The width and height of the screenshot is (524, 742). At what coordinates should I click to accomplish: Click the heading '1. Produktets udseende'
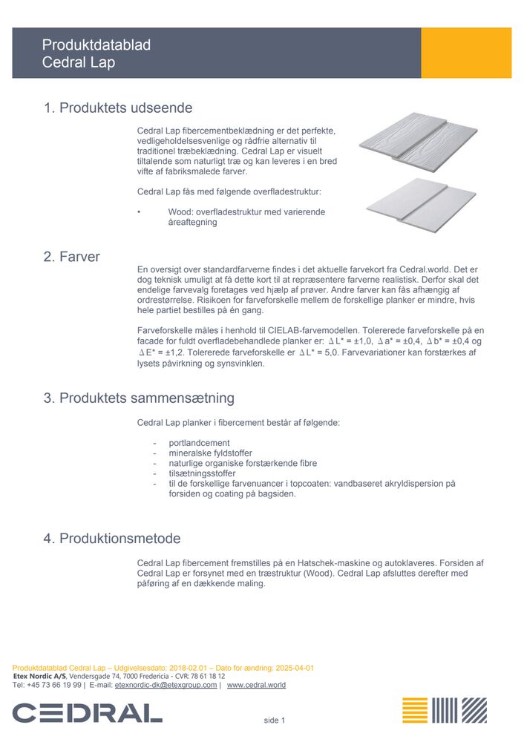[118, 108]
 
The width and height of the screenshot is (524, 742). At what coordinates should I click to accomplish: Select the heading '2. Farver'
[71, 257]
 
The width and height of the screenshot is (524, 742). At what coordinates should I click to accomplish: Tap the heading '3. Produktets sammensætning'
[139, 398]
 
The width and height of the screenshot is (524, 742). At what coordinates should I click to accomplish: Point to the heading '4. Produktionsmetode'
[111, 539]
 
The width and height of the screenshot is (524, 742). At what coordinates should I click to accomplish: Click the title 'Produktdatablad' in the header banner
[96, 45]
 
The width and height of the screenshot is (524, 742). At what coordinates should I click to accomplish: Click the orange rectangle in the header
[466, 53]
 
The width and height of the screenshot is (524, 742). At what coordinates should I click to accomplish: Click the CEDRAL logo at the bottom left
[87, 713]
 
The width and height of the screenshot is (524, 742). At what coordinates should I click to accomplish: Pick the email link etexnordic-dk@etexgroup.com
[166, 686]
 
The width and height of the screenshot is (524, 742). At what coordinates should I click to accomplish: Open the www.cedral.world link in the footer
[256, 686]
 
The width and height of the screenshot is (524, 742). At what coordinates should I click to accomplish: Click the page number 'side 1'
[275, 720]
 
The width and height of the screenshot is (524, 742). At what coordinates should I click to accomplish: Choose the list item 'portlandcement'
[199, 443]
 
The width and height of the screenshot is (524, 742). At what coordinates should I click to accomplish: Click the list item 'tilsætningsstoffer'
[203, 473]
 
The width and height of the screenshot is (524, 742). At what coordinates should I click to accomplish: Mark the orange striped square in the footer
[415, 710]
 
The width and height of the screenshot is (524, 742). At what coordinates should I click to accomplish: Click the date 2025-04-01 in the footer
[295, 668]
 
